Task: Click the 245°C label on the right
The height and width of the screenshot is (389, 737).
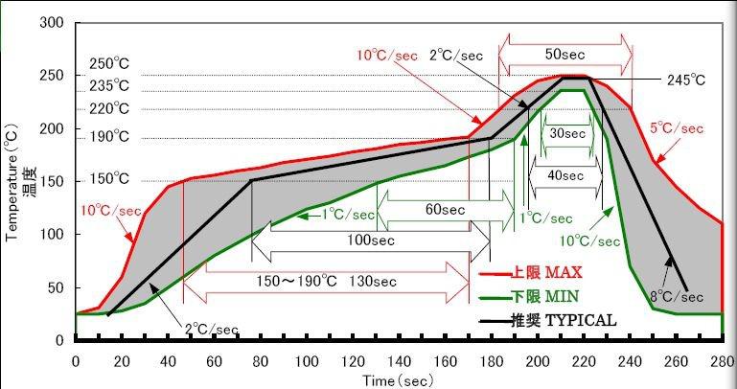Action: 686,80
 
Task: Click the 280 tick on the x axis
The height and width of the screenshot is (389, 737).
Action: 722,361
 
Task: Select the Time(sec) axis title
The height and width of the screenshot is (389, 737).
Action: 399,380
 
